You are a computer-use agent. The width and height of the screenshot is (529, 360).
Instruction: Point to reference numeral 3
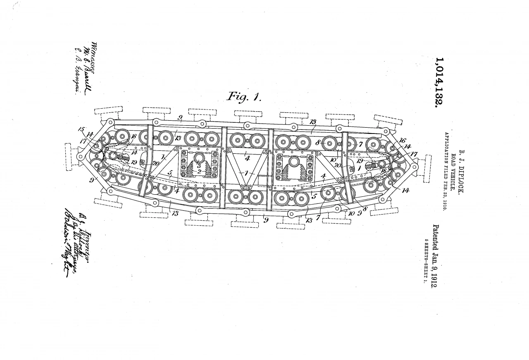coord(199,165)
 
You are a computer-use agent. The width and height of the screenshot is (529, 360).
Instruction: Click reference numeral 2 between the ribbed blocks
coord(199,171)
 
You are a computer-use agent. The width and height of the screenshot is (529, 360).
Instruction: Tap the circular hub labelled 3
coord(199,157)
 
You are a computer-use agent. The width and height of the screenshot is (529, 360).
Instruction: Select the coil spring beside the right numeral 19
coord(372,167)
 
